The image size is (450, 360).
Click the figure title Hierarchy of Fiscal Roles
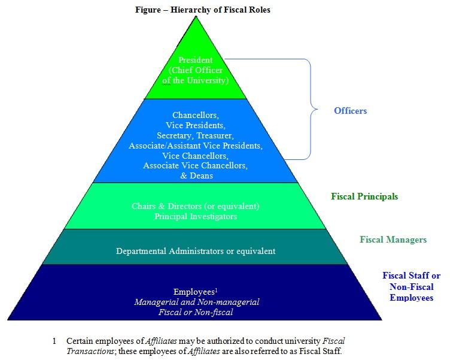(x=203, y=10)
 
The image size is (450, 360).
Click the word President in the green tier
(x=196, y=60)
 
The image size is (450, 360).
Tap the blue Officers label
(x=350, y=111)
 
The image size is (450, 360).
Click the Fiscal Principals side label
(x=364, y=196)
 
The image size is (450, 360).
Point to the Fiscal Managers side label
(x=393, y=240)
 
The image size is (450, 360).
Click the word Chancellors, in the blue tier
(x=196, y=115)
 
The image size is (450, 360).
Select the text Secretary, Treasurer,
(x=196, y=135)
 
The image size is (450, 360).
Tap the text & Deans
(x=196, y=176)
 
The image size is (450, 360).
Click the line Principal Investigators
(x=196, y=216)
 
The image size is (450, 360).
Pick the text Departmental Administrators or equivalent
(x=196, y=251)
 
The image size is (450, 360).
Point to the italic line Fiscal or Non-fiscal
(x=196, y=313)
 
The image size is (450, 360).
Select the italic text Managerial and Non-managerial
(x=196, y=302)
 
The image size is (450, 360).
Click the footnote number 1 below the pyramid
(x=54, y=341)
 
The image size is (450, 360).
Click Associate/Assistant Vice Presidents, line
(x=196, y=146)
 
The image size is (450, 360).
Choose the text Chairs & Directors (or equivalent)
(x=196, y=206)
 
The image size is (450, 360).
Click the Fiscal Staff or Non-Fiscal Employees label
(x=411, y=286)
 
